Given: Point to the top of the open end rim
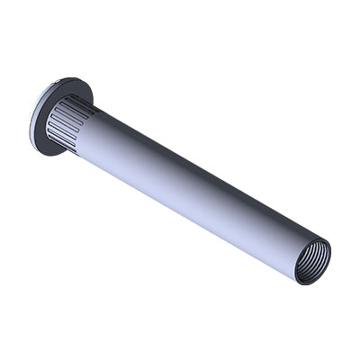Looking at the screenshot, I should (319, 236).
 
